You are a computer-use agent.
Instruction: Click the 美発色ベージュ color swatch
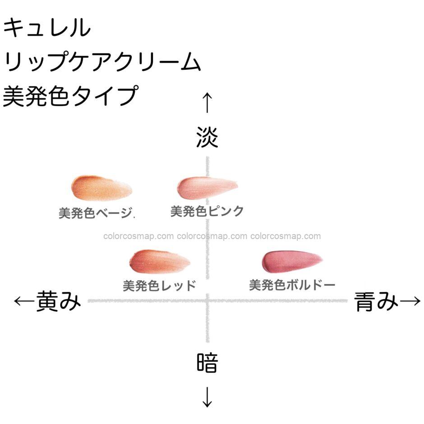101,188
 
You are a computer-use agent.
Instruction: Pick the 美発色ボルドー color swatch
291,261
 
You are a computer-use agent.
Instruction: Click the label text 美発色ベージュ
97,212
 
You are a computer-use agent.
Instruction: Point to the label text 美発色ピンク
207,211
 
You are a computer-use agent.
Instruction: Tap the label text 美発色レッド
159,286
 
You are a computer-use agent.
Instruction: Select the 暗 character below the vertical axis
207,363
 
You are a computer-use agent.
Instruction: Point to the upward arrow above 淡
207,102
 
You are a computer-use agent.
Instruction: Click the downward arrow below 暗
207,396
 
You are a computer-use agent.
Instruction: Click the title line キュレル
47,28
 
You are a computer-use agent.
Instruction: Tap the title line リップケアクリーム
102,62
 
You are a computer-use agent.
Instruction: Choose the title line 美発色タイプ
70,96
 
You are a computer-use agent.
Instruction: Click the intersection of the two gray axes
207,300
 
